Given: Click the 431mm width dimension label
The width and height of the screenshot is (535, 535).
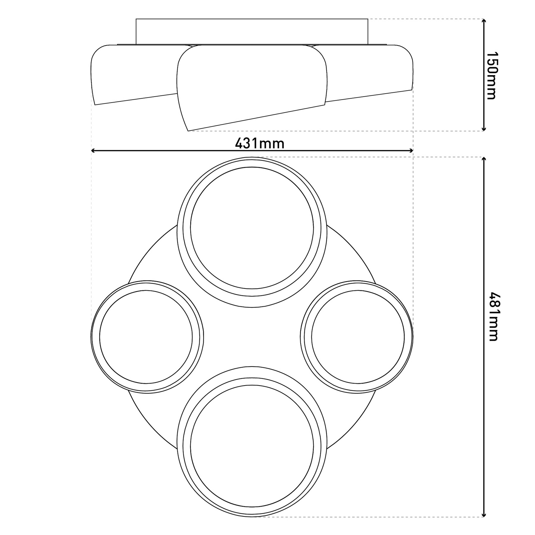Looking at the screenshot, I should (x=259, y=143).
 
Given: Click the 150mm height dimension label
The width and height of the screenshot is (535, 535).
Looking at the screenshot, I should (x=491, y=75).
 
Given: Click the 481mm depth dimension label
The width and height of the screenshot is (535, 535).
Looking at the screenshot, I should (x=493, y=316).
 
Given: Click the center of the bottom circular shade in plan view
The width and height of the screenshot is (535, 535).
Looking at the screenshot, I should (x=252, y=446).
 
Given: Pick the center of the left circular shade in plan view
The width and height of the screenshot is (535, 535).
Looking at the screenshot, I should (x=146, y=337).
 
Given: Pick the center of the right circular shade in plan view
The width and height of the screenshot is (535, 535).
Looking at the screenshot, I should (x=357, y=337).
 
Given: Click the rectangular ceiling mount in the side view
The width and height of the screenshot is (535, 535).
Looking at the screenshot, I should (x=252, y=31).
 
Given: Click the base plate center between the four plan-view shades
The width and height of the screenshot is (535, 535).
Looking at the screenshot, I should (x=252, y=337).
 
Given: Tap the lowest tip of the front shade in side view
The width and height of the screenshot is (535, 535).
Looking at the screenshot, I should (x=189, y=130).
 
